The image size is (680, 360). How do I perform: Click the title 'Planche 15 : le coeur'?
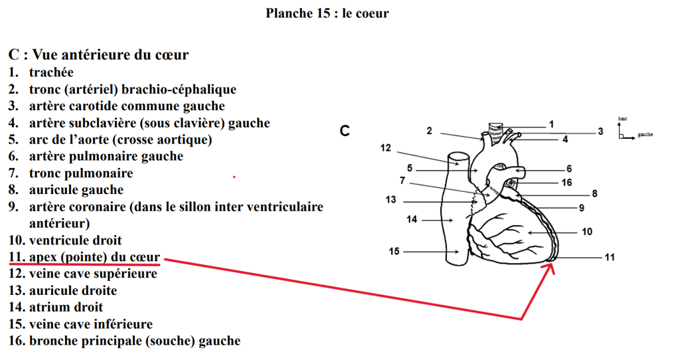click(327, 13)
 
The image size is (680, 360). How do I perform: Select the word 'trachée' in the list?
click(51, 72)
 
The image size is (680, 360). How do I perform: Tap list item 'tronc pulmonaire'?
click(80, 173)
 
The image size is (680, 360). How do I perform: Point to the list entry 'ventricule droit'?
click(75, 240)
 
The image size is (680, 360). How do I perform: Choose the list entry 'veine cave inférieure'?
click(90, 324)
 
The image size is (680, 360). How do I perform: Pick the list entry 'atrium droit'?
click(66, 308)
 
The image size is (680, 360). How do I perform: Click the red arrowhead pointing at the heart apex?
click(549, 268)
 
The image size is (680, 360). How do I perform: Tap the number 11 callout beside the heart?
click(610, 257)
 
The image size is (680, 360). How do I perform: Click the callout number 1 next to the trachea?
click(551, 124)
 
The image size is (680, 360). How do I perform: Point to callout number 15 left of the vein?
click(394, 251)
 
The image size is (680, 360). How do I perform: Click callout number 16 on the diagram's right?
click(566, 182)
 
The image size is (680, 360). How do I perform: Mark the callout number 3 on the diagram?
click(600, 132)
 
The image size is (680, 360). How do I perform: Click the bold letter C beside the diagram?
click(344, 131)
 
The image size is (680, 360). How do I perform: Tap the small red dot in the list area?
click(234, 177)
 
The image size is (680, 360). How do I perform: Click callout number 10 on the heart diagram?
click(586, 232)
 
